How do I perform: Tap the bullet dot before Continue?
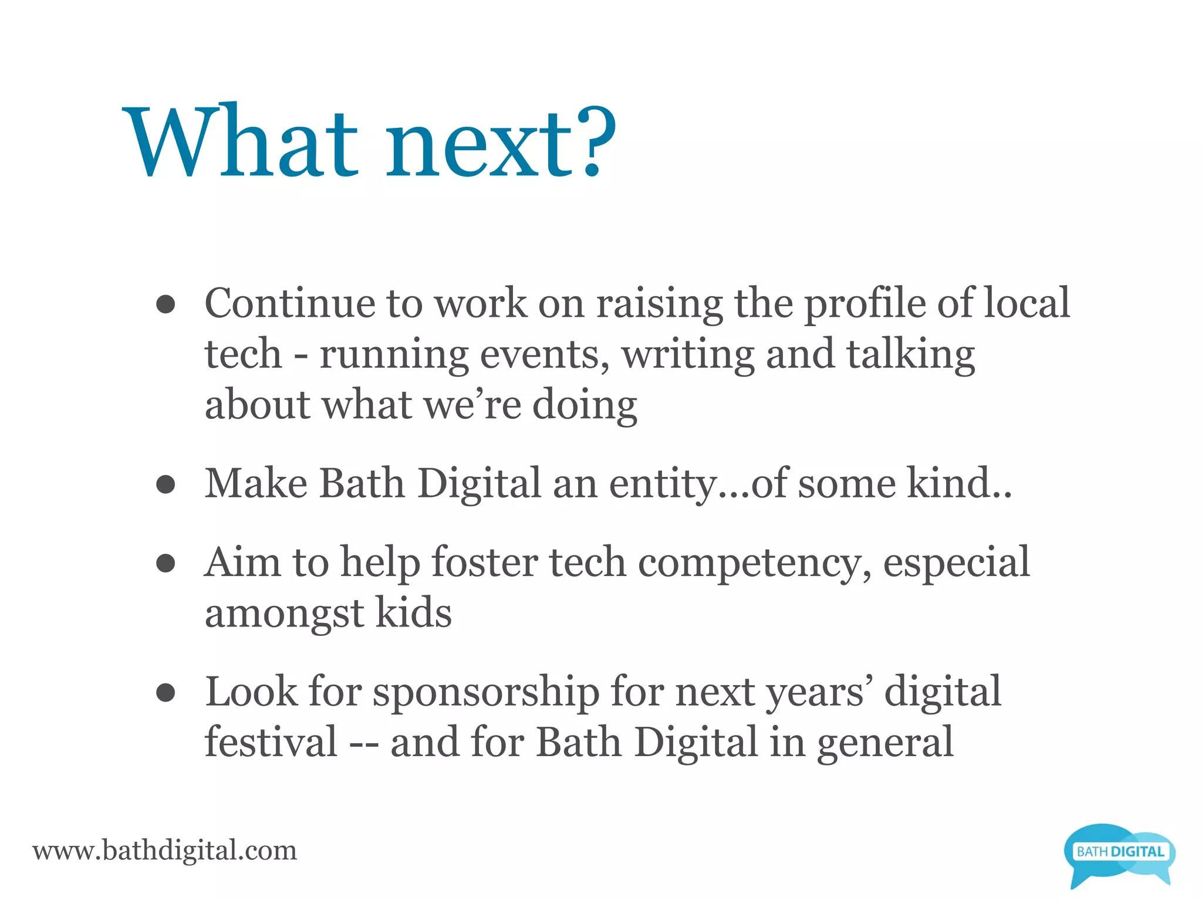pyautogui.click(x=166, y=304)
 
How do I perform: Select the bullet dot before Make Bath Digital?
pyautogui.click(x=166, y=485)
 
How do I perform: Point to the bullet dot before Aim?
pyautogui.click(x=166, y=563)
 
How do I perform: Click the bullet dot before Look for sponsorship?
pyautogui.click(x=166, y=693)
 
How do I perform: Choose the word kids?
pyautogui.click(x=413, y=613)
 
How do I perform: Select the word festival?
pyautogui.click(x=271, y=743)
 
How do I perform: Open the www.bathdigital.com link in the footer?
pyautogui.click(x=165, y=851)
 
